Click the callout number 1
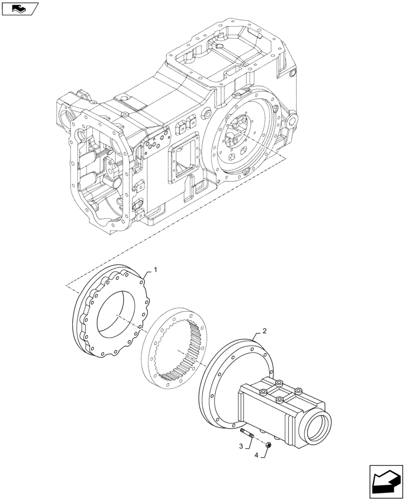click(x=155, y=270)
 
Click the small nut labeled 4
click(x=270, y=442)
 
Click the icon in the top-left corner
click(x=20, y=9)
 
